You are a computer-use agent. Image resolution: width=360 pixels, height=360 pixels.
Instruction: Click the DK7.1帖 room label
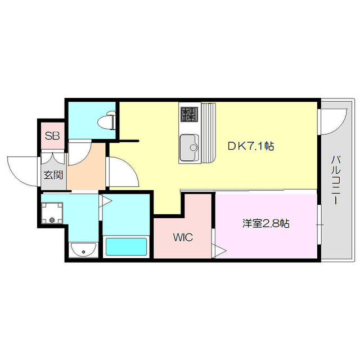point(251,146)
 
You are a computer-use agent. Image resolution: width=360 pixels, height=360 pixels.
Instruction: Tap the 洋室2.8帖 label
point(266,223)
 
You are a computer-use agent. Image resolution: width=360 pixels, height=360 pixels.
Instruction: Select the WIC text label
point(183,237)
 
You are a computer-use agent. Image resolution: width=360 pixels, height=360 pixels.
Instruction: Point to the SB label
point(52,136)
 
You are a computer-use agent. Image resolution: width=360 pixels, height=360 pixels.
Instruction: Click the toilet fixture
point(107,121)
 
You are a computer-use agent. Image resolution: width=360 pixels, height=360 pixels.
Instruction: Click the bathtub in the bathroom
point(127,247)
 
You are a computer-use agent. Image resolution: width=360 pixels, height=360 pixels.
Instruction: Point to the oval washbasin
point(83,249)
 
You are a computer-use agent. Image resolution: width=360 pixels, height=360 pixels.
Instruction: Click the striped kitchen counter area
point(208,133)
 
